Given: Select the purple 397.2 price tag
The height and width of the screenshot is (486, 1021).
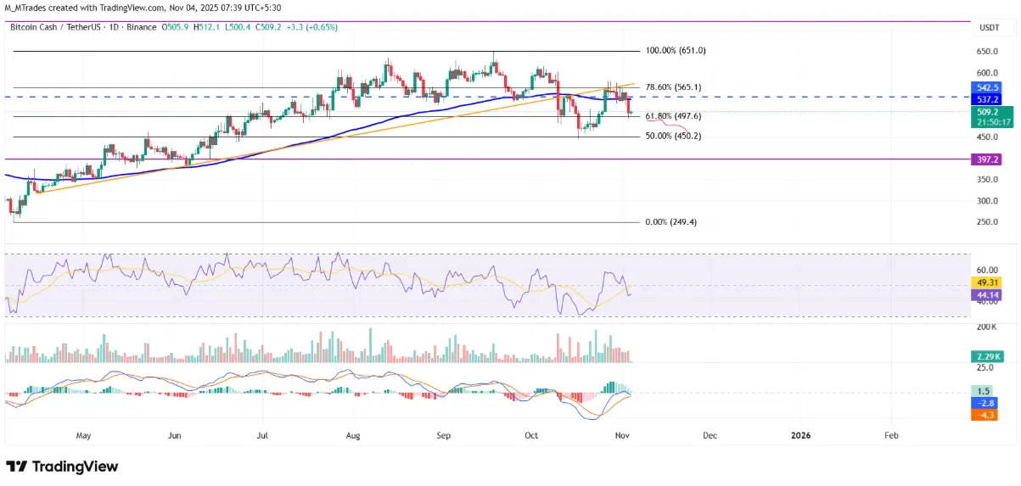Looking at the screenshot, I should click(987, 159).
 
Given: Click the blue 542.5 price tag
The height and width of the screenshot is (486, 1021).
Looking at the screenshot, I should click(987, 87).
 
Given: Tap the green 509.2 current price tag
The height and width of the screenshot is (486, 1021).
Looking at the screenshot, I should click(987, 110).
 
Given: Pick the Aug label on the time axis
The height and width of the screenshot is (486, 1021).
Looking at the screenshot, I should click(354, 435).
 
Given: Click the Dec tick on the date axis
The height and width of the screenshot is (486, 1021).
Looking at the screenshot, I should click(710, 435).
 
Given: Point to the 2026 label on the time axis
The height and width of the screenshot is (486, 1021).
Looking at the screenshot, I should click(800, 435).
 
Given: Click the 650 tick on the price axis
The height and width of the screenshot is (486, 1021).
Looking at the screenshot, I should click(985, 51).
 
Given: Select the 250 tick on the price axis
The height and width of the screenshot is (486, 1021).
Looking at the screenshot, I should click(985, 222).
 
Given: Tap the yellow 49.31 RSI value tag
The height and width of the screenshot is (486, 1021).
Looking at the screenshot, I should click(987, 282).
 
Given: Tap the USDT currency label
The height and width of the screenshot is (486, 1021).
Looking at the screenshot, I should click(990, 28).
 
